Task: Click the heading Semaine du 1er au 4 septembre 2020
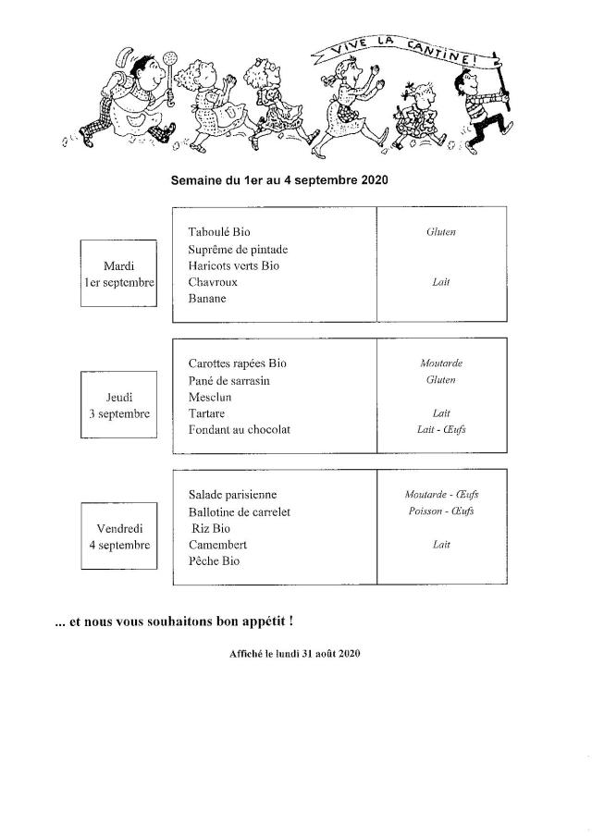[279, 181]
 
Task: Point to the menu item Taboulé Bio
[219, 232]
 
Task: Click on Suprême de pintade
[238, 249]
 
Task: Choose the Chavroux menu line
[213, 282]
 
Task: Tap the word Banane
[207, 299]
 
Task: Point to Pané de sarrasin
[228, 380]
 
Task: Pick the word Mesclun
[210, 397]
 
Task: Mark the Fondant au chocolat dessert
[239, 430]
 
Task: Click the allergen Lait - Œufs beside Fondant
[441, 430]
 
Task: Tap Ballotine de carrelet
[240, 511]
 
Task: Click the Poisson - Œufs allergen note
[441, 511]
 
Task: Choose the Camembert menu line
[217, 545]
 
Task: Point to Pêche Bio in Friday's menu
[214, 561]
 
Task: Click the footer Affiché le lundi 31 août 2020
[294, 653]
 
